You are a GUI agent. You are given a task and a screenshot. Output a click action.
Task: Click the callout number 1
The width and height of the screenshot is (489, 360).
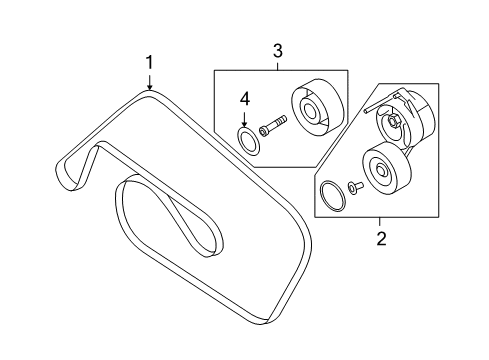click(150, 63)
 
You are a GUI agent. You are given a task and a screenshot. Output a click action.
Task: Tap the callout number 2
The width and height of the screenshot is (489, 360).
click(381, 238)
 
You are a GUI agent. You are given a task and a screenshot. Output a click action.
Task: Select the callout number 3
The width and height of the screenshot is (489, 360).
click(278, 51)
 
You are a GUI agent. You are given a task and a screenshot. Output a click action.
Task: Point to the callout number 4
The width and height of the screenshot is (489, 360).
click(245, 99)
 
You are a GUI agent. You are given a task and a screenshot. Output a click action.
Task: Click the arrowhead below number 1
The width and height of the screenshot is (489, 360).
click(150, 87)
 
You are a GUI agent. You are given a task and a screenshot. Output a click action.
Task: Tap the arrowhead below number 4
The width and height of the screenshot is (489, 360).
click(245, 123)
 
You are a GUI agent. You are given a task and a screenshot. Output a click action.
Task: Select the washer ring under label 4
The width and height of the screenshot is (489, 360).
click(248, 142)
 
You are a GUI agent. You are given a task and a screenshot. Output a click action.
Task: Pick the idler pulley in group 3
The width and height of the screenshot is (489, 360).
click(317, 107)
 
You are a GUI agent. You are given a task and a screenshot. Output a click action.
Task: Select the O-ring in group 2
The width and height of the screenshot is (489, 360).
click(332, 196)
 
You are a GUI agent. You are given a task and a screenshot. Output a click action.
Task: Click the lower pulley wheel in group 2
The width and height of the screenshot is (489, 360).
click(387, 169)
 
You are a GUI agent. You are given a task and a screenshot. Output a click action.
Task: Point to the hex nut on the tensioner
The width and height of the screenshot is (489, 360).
click(393, 121)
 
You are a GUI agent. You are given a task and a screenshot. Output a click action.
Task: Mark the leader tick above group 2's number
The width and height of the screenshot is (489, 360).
click(380, 222)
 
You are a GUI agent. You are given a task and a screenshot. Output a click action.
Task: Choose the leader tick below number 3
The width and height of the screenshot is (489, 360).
click(278, 66)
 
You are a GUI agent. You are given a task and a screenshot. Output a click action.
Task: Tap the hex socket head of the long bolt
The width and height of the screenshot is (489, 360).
click(263, 130)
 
